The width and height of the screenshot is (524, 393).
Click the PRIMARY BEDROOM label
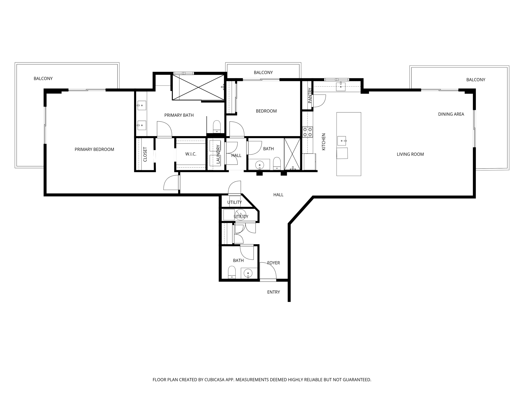[94, 149]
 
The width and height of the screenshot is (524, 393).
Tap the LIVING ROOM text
[410, 154]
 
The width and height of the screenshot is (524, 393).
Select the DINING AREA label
[451, 114]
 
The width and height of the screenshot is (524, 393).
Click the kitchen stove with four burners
[307, 132]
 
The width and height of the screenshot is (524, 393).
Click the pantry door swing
[319, 101]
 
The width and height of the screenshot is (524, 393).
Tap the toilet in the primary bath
[217, 126]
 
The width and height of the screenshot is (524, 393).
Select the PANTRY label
[310, 95]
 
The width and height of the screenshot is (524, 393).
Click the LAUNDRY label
[218, 154]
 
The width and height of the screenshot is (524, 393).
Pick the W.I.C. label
[191, 154]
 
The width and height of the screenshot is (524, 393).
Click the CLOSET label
[145, 154]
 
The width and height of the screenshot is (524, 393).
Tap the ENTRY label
[274, 292]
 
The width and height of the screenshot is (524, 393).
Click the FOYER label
[274, 263]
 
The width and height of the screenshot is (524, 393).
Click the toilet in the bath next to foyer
[232, 272]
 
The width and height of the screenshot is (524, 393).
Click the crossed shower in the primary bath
[199, 87]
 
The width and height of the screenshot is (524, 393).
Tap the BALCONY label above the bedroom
[263, 72]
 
